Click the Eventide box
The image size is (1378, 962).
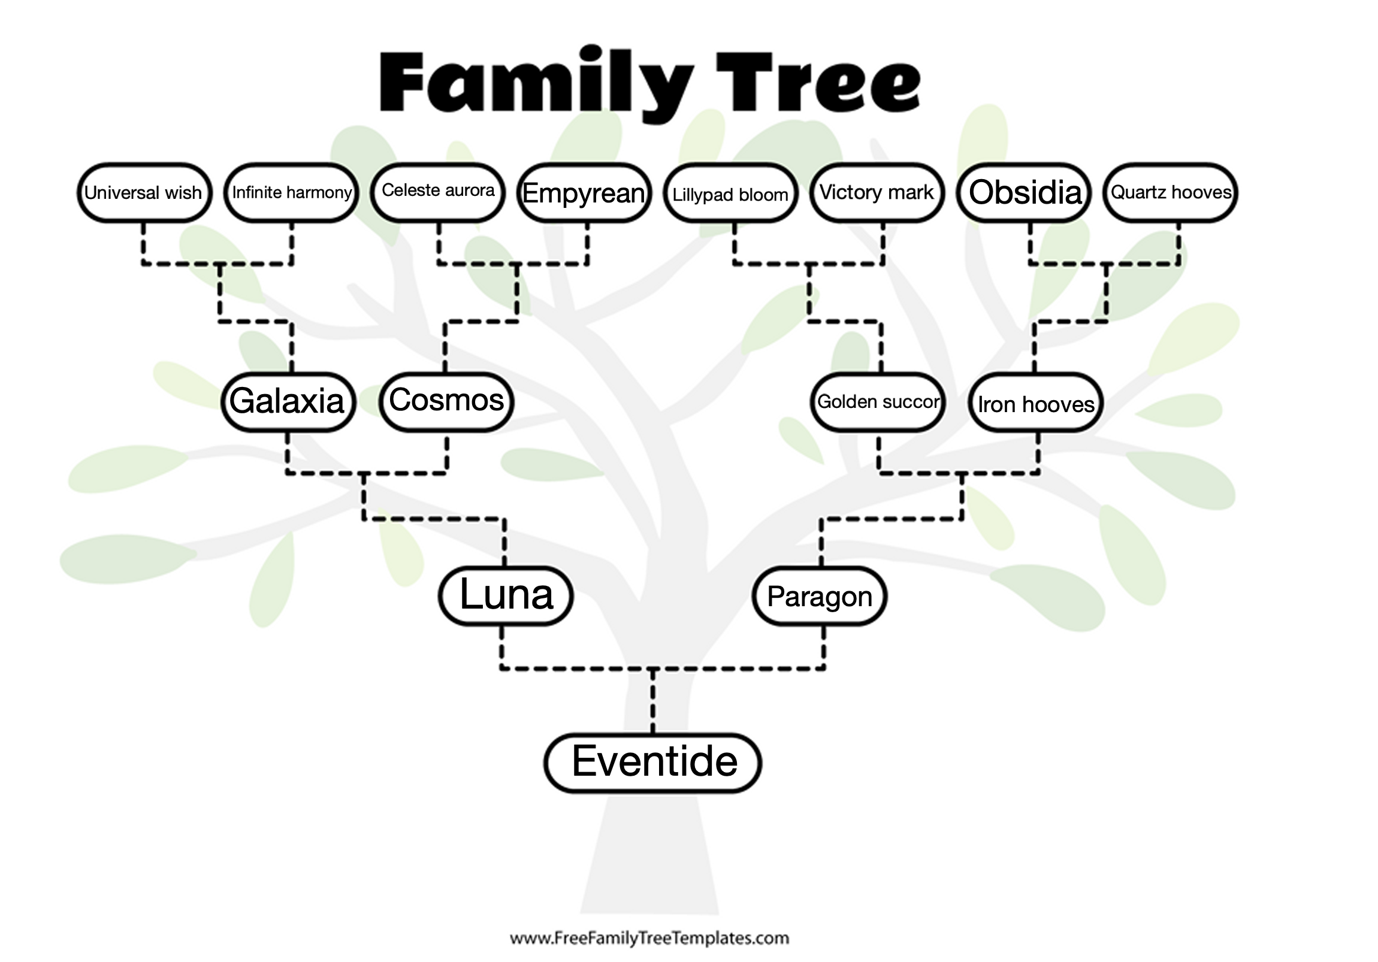pos(653,762)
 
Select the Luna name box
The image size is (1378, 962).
pos(505,595)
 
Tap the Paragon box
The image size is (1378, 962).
pos(819,596)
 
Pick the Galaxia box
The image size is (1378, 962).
pos(288,401)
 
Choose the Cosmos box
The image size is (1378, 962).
pos(446,401)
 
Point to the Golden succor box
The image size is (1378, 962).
pos(878,401)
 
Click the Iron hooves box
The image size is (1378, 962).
pos(1036,403)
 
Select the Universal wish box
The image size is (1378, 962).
pos(144,193)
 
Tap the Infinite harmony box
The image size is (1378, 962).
pos(291,193)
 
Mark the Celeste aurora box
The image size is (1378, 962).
pos(437,192)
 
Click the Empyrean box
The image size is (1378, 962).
pos(584,193)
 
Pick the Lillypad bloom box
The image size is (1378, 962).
pos(730,193)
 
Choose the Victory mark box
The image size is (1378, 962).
pos(877,193)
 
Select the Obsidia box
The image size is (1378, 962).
pos(1024,193)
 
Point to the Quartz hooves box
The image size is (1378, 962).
pos(1170,193)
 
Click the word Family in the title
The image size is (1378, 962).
pos(536,83)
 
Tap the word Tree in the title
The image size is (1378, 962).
pos(817,83)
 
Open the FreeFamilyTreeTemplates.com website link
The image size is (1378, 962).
pos(649,938)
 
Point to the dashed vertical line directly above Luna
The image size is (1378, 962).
pos(504,542)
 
